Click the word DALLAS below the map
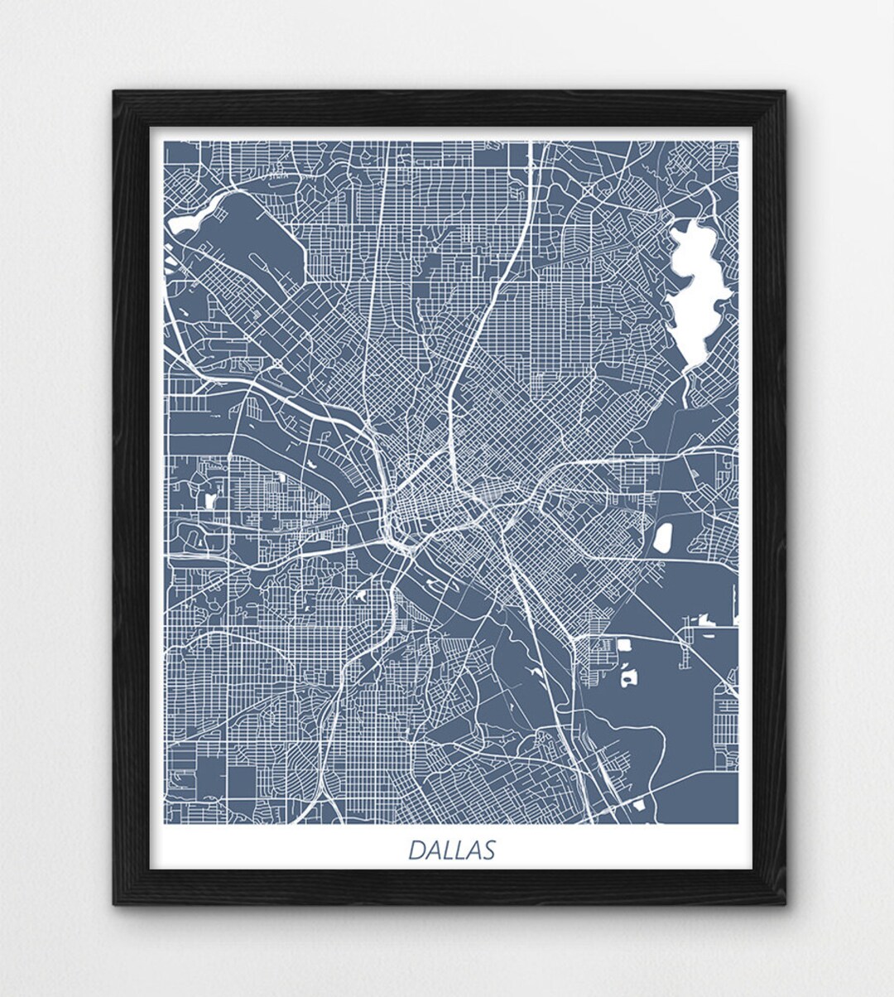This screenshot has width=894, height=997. (452, 850)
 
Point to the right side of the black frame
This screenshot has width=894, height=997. (769, 497)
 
